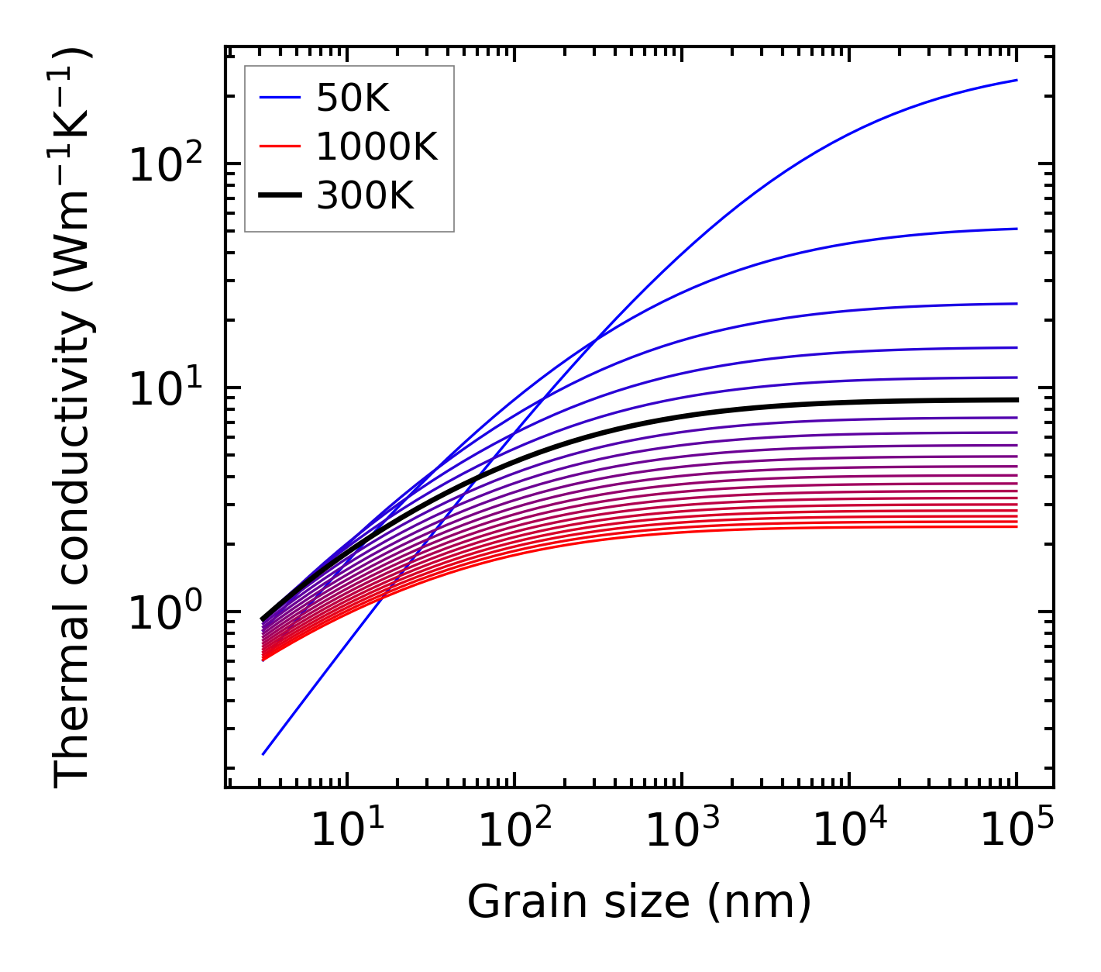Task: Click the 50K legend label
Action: pos(353,98)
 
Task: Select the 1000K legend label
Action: pos(377,146)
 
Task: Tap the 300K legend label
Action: pos(365,196)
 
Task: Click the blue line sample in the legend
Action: pos(279,98)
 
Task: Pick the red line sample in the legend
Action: pos(279,146)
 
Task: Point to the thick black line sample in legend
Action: pos(279,196)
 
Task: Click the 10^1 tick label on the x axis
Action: pos(346,831)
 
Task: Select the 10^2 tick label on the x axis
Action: pos(514,831)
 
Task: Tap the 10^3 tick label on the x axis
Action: pos(681,831)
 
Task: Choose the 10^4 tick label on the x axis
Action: pos(848,831)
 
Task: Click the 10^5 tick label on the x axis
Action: pos(1017,831)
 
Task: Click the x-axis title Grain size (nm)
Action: pos(639,901)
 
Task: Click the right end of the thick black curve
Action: pos(1017,400)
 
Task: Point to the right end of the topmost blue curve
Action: pos(1017,80)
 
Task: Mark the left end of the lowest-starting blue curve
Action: pos(263,753)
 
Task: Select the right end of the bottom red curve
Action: pos(1017,527)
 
